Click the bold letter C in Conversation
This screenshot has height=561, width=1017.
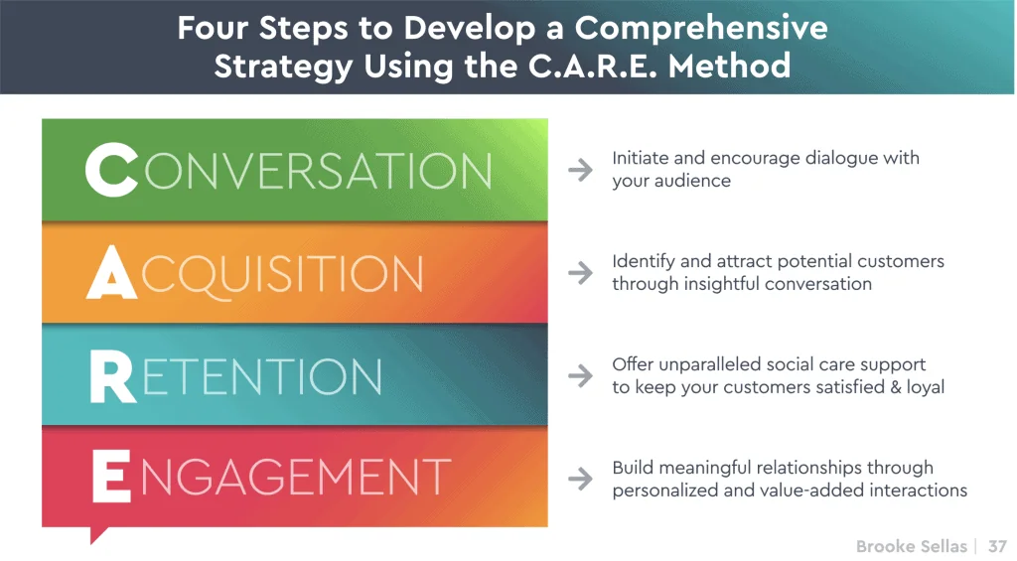click(x=111, y=170)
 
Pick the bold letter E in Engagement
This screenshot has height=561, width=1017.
click(x=111, y=479)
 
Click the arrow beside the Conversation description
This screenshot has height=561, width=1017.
click(x=580, y=170)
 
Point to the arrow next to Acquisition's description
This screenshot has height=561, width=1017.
click(x=580, y=273)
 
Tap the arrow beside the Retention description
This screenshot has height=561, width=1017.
click(x=580, y=376)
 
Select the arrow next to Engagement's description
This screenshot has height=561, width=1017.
click(x=580, y=479)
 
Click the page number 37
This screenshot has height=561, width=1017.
click(x=997, y=546)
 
